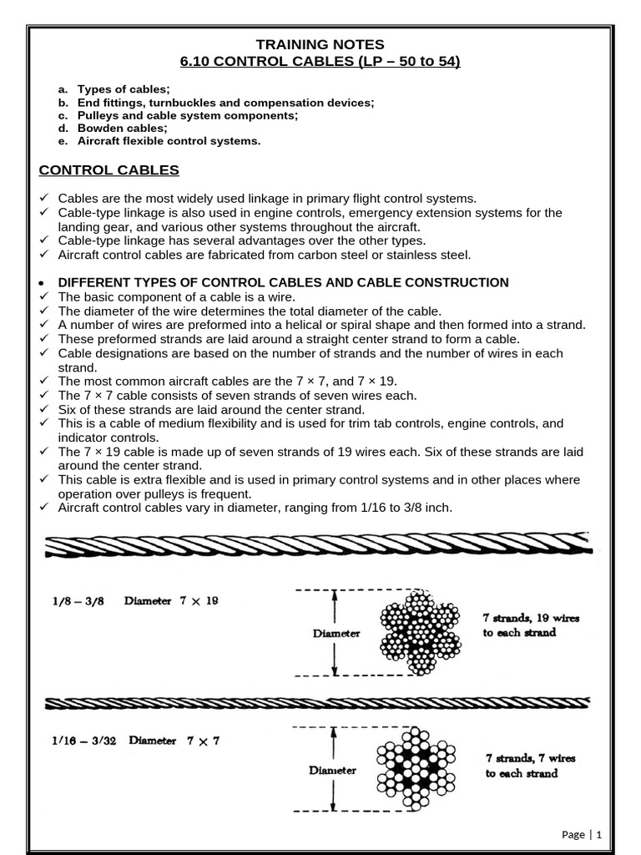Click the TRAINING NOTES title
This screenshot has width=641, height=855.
pos(320,44)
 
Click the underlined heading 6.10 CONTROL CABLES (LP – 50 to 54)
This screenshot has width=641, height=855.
pos(320,62)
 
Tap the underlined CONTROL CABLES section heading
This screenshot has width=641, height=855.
pos(109,170)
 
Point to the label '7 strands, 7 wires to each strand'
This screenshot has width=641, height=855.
pos(530,766)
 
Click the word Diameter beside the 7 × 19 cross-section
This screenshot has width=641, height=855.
pos(336,633)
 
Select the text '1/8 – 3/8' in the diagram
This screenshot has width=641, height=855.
pos(73,600)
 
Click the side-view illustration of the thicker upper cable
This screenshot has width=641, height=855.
pos(317,547)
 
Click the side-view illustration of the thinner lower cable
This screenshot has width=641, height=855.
pos(317,703)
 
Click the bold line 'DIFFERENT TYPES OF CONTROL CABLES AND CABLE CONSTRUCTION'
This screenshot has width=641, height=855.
pos(283,282)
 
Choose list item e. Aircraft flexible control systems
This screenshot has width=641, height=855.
pos(169,141)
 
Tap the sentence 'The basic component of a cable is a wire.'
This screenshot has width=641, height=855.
pos(176,296)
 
